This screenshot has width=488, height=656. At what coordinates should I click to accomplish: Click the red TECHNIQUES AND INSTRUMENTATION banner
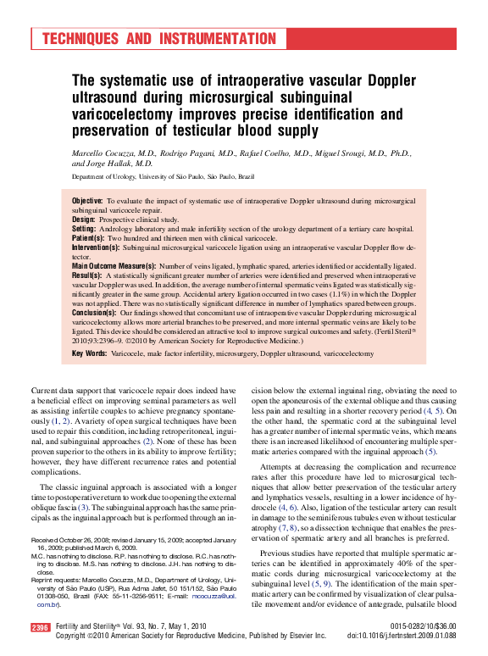[158, 39]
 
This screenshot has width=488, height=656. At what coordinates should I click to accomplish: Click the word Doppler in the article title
[387, 81]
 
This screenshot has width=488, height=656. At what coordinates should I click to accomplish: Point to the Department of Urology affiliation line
[163, 177]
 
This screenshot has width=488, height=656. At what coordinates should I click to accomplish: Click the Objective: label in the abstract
[88, 200]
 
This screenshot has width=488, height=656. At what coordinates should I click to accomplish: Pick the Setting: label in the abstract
[86, 229]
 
